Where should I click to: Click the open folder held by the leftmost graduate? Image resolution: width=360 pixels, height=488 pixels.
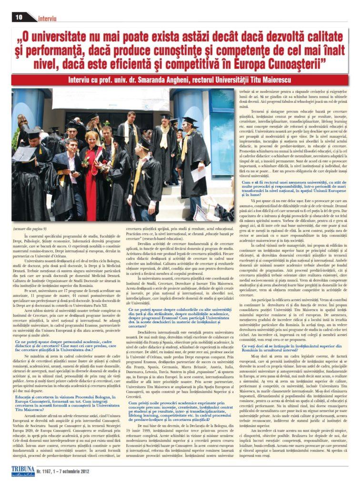[x=24, y=154]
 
